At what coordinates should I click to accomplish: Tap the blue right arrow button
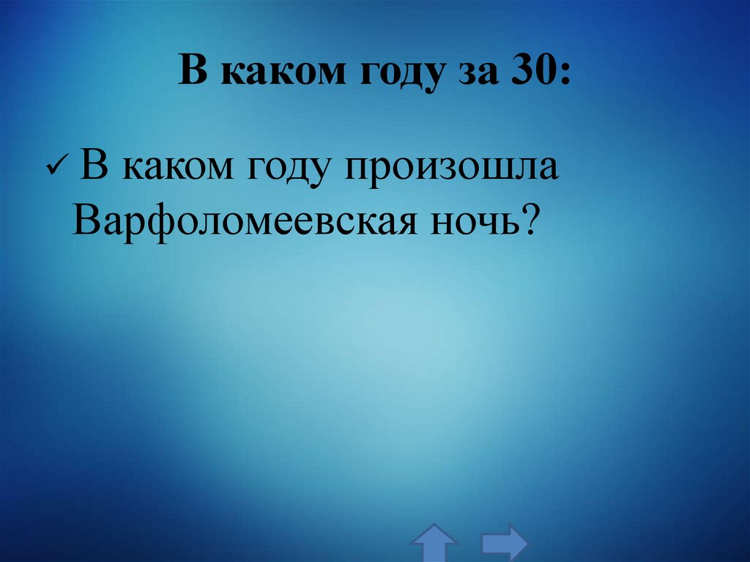[x=504, y=543]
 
